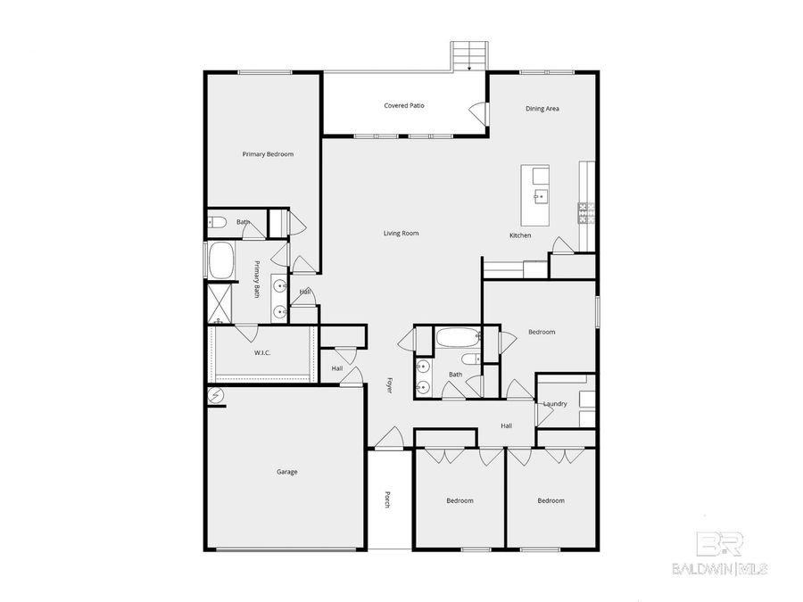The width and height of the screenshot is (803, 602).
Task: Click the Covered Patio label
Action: tap(404, 105)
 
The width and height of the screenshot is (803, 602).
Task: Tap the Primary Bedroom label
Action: tap(268, 154)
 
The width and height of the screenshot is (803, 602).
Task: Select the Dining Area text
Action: tap(542, 109)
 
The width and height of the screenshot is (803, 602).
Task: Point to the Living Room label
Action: tap(401, 234)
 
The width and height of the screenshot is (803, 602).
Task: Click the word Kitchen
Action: tap(520, 235)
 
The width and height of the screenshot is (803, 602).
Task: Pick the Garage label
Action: tap(286, 472)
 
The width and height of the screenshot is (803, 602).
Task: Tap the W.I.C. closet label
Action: tap(262, 353)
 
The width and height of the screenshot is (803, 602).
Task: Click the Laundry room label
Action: tap(555, 404)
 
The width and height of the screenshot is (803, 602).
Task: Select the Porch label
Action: tap(387, 500)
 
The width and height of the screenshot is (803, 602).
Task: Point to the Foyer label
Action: tap(389, 385)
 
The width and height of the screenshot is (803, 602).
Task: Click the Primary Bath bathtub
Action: tap(220, 261)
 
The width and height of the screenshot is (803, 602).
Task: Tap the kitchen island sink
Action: tap(541, 194)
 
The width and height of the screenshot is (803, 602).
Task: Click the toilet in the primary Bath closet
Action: tap(217, 222)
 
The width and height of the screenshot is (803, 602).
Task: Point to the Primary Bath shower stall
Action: tap(219, 304)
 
